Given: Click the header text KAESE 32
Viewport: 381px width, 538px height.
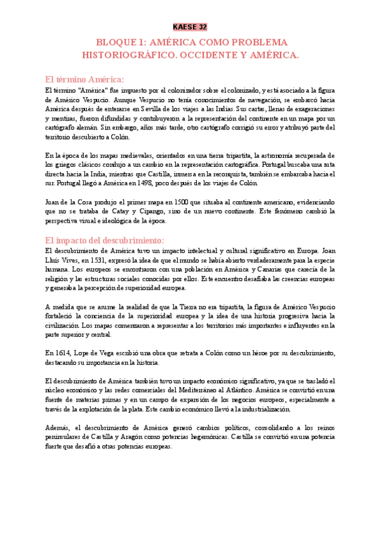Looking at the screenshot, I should tap(190, 27).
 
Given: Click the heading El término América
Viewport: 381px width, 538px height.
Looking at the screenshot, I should tap(84, 79).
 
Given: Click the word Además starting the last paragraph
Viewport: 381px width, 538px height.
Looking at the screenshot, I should tap(58, 427).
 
